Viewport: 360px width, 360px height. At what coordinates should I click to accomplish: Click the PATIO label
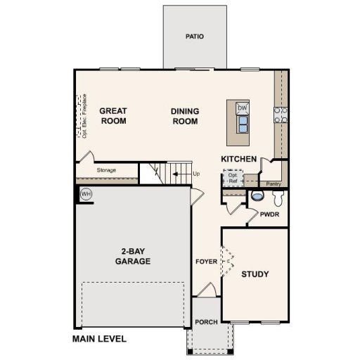195,36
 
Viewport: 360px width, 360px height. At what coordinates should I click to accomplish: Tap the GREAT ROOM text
112,115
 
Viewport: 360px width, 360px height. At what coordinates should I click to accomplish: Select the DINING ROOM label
185,115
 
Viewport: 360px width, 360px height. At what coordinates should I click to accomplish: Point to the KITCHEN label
239,159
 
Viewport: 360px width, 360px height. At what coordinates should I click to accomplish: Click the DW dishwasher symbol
243,108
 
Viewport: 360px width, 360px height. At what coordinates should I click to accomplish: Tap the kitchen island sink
243,124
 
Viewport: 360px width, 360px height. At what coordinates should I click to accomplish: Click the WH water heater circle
86,194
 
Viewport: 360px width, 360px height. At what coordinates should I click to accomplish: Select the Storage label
107,170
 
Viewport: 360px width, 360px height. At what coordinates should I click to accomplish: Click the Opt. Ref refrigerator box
233,178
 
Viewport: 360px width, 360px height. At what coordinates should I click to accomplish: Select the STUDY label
255,274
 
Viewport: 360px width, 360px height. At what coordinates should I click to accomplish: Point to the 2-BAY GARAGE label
133,257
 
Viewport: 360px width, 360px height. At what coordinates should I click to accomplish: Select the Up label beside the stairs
196,173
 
